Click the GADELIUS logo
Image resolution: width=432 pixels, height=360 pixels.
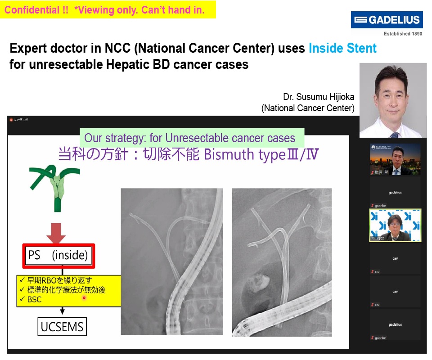(387, 20)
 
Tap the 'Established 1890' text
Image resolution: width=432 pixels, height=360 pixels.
(403, 34)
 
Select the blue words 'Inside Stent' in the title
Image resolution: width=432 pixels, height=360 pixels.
(342, 48)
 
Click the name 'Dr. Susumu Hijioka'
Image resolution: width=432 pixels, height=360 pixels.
(319, 97)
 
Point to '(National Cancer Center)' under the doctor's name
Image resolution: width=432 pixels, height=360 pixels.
(308, 108)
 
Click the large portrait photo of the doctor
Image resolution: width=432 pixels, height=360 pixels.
(393, 100)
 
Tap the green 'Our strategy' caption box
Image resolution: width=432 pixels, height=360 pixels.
(192, 138)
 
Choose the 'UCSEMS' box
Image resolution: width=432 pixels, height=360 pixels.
(62, 327)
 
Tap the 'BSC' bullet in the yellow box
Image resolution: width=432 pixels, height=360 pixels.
(34, 300)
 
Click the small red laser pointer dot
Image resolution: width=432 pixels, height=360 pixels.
(84, 297)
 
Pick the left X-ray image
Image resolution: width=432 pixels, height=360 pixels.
(171, 261)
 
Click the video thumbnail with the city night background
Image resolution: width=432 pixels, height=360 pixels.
(395, 160)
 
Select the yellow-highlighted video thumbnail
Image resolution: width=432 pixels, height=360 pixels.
(395, 225)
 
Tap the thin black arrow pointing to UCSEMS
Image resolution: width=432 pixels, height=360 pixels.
(63, 311)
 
